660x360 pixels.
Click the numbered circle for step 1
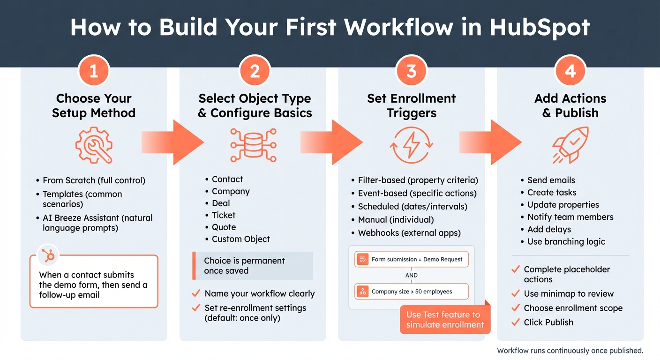coord(94,71)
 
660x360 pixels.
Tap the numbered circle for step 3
coord(411,71)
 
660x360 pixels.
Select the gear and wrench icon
coord(94,144)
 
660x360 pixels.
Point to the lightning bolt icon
coord(411,144)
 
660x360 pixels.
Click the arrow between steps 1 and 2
coord(173,142)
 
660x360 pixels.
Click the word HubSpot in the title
coord(540,27)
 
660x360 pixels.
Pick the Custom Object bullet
coord(240,239)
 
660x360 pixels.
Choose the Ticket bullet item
coord(224,215)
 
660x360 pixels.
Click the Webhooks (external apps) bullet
coord(409,233)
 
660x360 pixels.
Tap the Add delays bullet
coord(549,229)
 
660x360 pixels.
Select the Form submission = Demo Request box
coord(411,259)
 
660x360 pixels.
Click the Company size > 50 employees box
coord(411,292)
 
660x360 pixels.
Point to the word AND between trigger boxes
coord(411,275)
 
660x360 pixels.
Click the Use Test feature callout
coord(443,320)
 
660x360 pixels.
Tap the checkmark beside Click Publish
coord(516,322)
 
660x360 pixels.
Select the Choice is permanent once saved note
coord(253,266)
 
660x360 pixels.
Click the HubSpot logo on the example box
coord(48,255)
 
